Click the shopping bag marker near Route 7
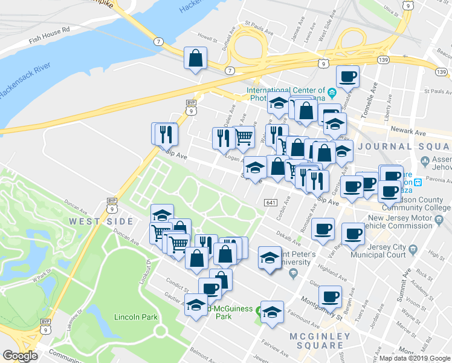pyautogui.click(x=196, y=59)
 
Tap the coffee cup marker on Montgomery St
pyautogui.click(x=331, y=296)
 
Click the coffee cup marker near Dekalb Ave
pyautogui.click(x=323, y=229)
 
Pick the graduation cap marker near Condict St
pyautogui.click(x=196, y=306)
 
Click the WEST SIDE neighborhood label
pyautogui.click(x=93, y=222)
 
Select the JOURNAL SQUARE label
pyautogui.click(x=402, y=146)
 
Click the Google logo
pyautogui.click(x=21, y=356)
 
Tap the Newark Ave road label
pyautogui.click(x=408, y=131)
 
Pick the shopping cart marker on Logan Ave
pyautogui.click(x=244, y=136)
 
